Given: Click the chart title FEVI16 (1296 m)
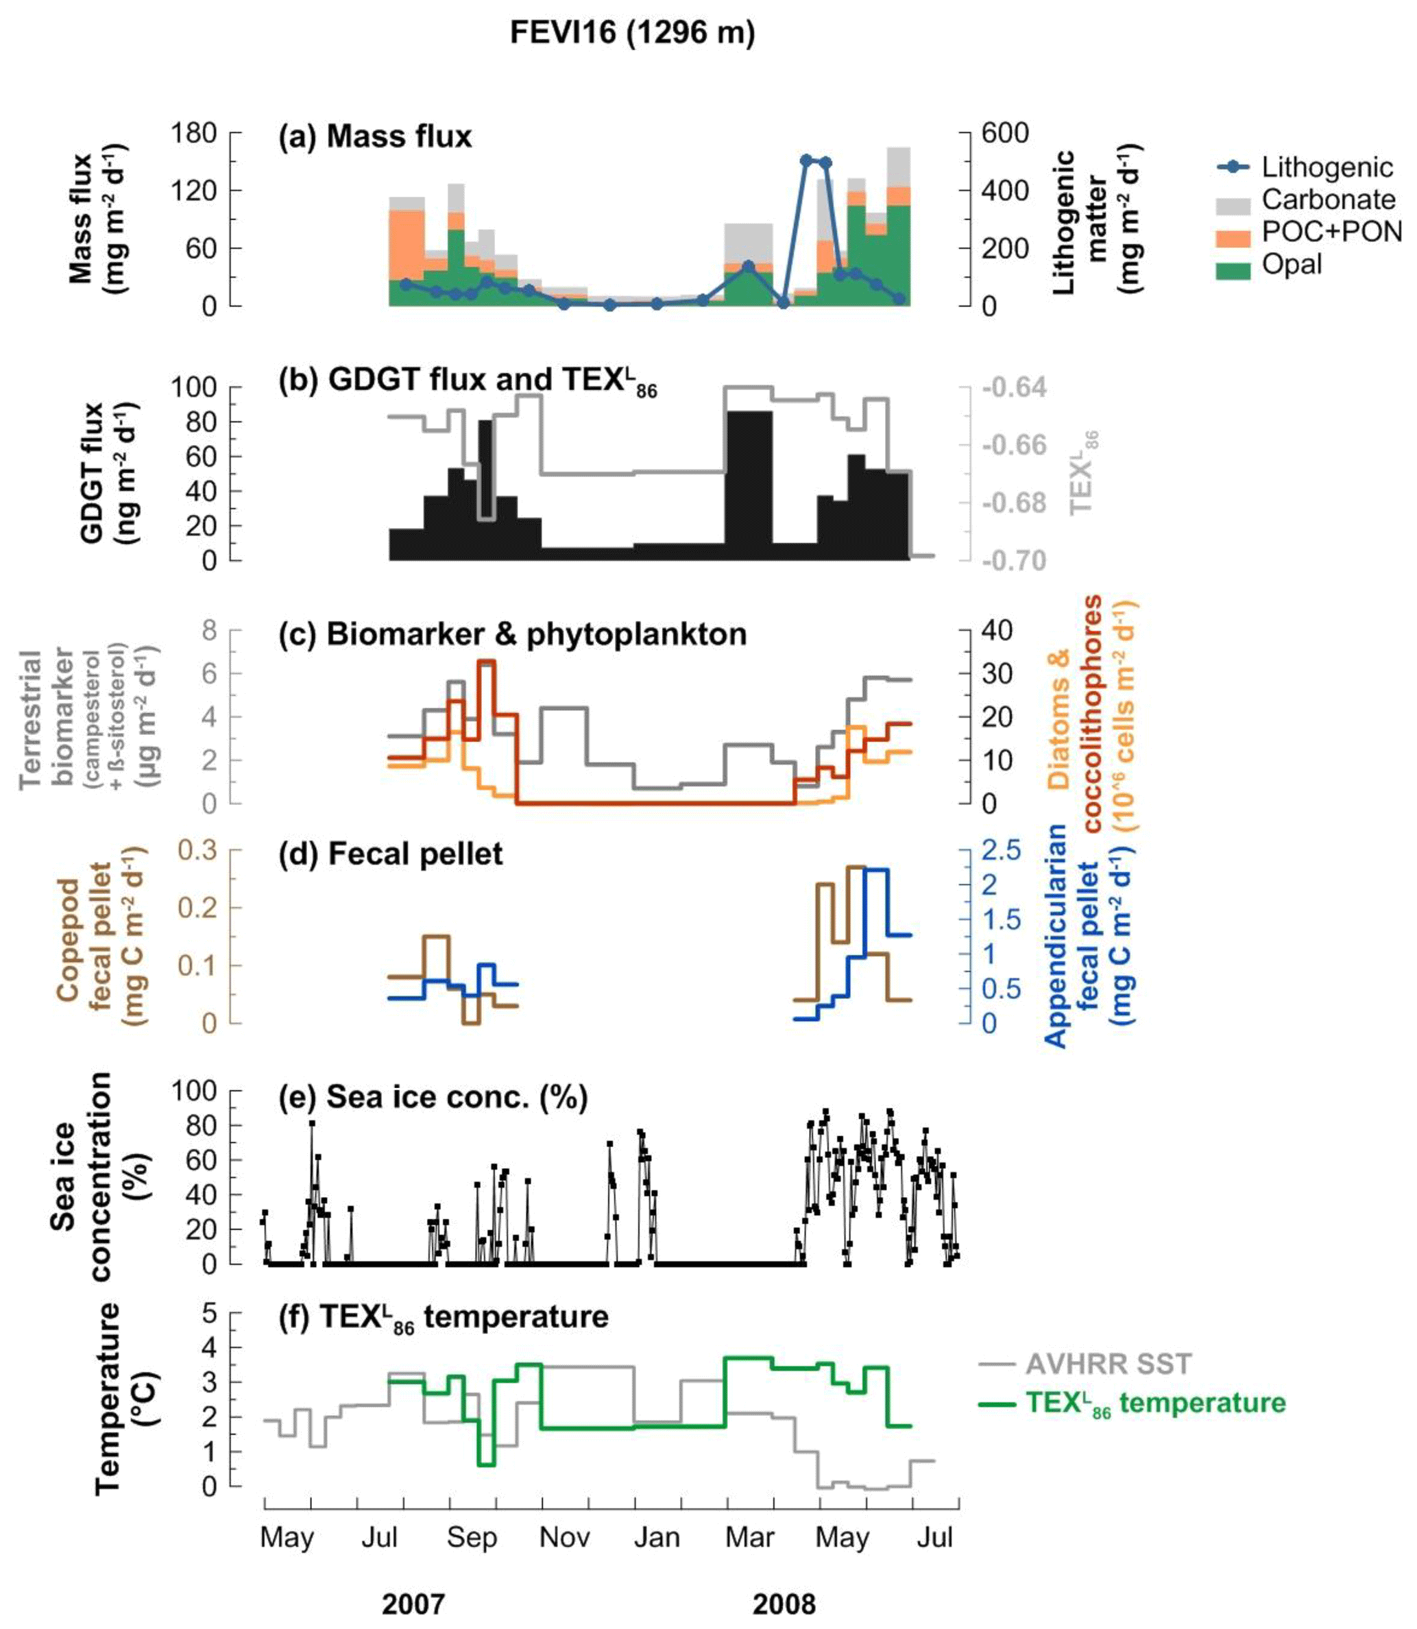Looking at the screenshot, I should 632,33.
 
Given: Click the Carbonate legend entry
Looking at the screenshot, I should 1328,200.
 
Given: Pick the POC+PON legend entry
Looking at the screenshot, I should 1331,231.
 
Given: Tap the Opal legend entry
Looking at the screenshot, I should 1292,264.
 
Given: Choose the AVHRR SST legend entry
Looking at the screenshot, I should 1108,1364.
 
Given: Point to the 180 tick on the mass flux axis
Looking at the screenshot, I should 195,133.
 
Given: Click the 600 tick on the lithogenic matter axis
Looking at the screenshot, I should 1004,133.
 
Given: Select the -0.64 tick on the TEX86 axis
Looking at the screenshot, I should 1014,387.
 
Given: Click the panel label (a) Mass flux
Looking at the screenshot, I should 375,137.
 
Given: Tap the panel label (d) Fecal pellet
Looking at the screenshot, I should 391,854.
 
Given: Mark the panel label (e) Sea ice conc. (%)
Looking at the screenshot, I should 433,1098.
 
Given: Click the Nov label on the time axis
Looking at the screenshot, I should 565,1537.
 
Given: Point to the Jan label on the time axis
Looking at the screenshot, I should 657,1537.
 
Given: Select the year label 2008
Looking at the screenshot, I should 784,1604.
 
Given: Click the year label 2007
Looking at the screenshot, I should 413,1604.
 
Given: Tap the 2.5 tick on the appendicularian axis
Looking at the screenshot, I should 1001,851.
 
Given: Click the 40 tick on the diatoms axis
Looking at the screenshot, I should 996,631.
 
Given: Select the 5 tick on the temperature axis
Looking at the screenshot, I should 210,1314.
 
